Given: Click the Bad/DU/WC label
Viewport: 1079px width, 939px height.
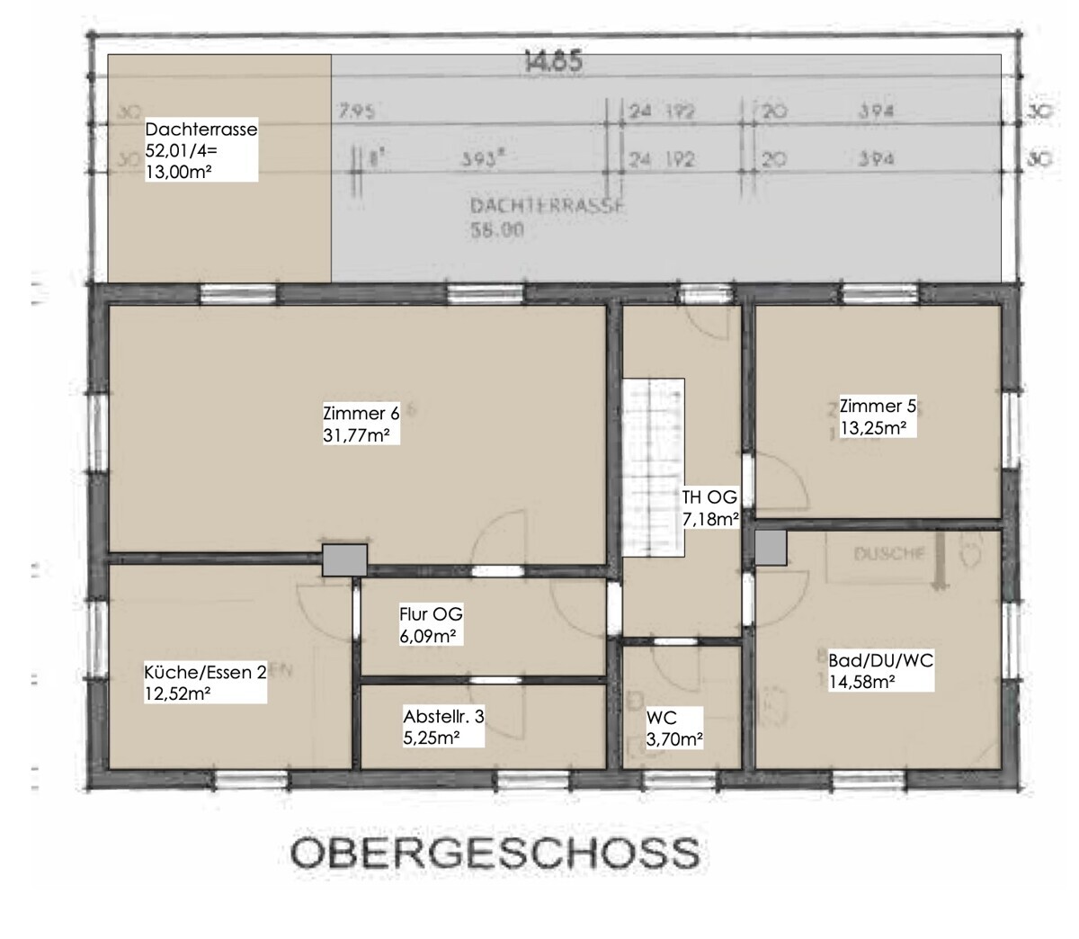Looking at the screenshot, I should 880,671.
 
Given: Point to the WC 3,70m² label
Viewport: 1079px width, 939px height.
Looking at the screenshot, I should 673,729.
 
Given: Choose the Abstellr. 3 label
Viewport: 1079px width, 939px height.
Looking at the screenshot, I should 443,727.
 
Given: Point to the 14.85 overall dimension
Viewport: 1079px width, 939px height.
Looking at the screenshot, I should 553,63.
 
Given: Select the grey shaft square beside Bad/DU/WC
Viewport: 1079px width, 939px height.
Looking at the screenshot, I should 771,547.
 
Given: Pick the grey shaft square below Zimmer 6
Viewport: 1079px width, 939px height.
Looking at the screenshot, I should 344,559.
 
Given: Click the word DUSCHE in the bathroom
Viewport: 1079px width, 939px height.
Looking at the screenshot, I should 888,554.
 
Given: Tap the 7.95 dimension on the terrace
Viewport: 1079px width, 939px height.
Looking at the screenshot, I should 356,112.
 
